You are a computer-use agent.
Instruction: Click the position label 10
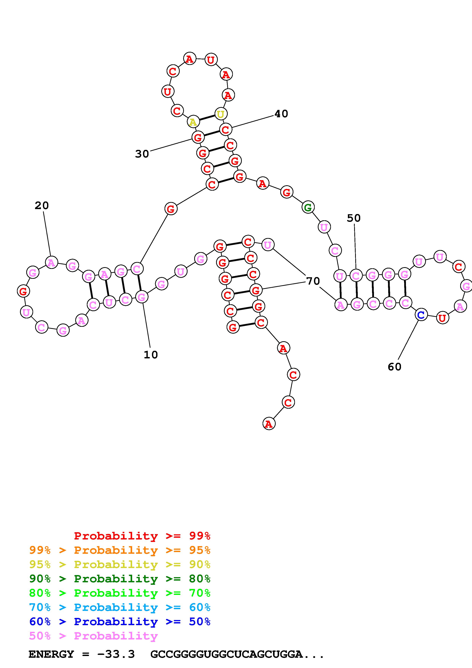(151, 355)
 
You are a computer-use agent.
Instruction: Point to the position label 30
(142, 154)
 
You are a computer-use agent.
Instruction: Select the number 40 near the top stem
(281, 114)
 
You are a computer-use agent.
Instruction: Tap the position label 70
(313, 281)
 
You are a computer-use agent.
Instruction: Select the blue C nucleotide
(421, 315)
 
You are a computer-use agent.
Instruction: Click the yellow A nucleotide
(193, 122)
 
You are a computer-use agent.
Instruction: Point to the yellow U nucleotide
(221, 114)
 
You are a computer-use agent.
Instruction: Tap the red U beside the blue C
(442, 318)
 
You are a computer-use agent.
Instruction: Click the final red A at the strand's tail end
(269, 424)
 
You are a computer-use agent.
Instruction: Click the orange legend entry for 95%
(120, 550)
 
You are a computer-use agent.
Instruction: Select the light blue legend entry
(120, 607)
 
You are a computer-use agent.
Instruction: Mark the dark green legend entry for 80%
(120, 579)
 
